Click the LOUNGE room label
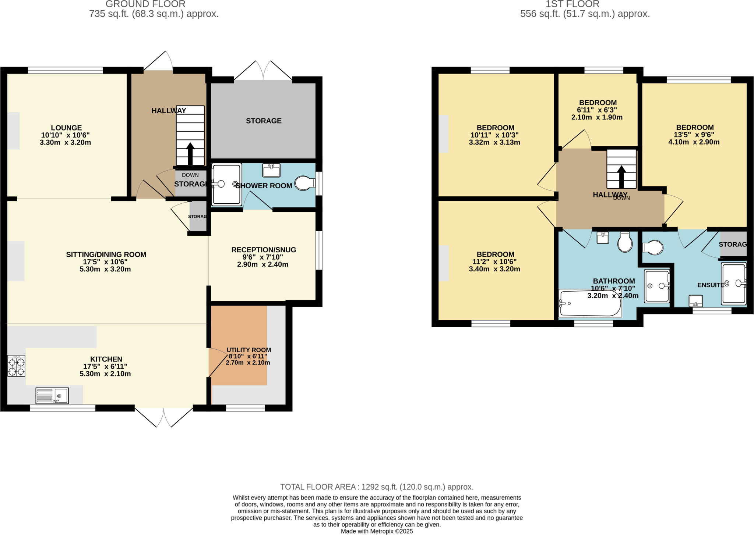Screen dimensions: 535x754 pyautogui.click(x=66, y=128)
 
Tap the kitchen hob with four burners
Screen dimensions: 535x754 pyautogui.click(x=17, y=366)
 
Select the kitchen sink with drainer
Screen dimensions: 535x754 pyautogui.click(x=52, y=396)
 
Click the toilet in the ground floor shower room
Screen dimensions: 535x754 pyautogui.click(x=304, y=183)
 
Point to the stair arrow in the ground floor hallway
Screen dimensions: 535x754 pyautogui.click(x=190, y=153)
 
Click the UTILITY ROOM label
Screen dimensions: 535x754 pyautogui.click(x=249, y=350)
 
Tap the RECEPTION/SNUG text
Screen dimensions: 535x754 pyautogui.click(x=264, y=250)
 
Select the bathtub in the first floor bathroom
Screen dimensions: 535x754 pyautogui.click(x=590, y=303)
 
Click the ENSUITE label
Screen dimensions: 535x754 pyautogui.click(x=711, y=285)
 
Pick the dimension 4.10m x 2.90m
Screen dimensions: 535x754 pyautogui.click(x=694, y=142)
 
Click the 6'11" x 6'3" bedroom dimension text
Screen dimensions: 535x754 pyautogui.click(x=597, y=110)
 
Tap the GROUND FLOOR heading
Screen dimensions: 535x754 pyautogui.click(x=145, y=4)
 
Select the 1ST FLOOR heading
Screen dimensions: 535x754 pyautogui.click(x=572, y=4)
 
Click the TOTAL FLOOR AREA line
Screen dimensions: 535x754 pyautogui.click(x=377, y=487)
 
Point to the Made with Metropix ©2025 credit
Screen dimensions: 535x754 pyautogui.click(x=377, y=531)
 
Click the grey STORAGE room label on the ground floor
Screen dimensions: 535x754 pyautogui.click(x=264, y=121)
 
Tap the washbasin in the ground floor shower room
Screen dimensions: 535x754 pyautogui.click(x=271, y=170)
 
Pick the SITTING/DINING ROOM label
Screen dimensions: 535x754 pyautogui.click(x=106, y=254)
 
